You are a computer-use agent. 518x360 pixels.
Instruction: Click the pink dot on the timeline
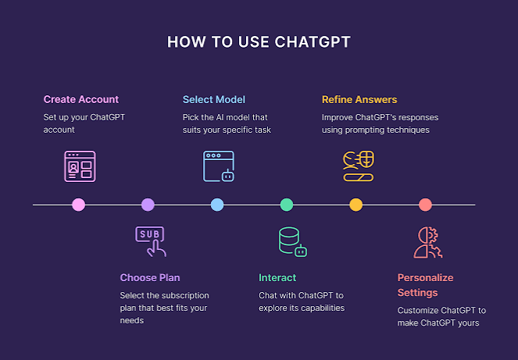pos(79,205)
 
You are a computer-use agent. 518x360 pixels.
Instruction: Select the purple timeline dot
pos(148,205)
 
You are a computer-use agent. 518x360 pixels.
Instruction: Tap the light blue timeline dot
pos(217,205)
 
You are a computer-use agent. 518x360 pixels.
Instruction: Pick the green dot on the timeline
pos(287,205)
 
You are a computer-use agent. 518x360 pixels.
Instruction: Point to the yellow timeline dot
pos(355,205)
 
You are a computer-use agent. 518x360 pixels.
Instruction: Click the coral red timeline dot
pos(425,205)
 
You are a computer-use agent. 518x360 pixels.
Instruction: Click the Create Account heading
pos(81,99)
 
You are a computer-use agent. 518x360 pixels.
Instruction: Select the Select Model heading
pos(214,99)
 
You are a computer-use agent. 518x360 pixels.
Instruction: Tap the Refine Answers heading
pos(359,99)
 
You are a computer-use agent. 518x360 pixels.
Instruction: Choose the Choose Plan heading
pos(150,277)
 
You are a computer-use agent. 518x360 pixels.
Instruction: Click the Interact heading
pos(277,277)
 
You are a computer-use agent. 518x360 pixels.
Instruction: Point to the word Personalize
pos(425,277)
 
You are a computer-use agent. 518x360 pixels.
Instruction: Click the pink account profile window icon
pos(80,166)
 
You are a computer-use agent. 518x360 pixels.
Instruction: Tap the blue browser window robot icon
pos(219,166)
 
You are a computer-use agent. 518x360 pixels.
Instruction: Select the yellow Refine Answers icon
pos(359,166)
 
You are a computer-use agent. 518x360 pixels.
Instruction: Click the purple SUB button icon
pos(151,241)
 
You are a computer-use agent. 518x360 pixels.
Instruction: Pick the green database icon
pos(293,241)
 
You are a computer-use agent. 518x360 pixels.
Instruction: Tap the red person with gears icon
pos(428,242)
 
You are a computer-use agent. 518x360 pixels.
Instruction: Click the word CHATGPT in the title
pos(313,42)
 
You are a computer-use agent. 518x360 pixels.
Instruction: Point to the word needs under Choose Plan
pos(132,320)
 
